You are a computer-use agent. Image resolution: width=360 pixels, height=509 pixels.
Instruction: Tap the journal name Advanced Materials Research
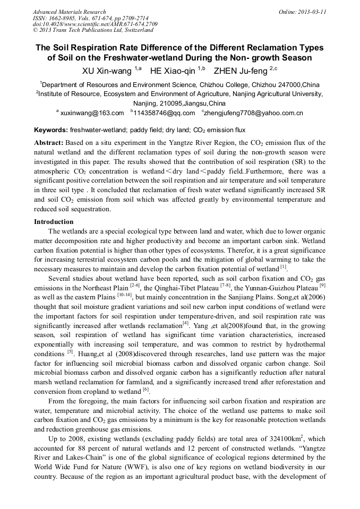pos(69,11)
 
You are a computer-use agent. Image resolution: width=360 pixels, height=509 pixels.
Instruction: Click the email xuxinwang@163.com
pos(92,113)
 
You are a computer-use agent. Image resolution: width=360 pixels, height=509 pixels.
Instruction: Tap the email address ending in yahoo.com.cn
pos(254,113)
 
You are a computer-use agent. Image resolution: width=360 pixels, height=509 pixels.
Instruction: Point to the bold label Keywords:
pos(50,130)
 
